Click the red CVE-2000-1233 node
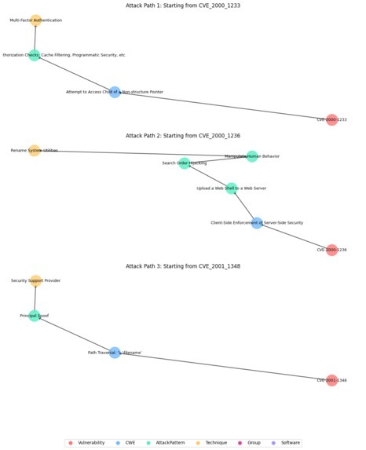tap(331, 120)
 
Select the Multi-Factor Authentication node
tap(36, 20)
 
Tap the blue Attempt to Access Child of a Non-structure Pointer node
tap(115, 92)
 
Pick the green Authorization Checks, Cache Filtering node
tap(35, 55)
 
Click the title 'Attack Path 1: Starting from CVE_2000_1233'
tap(183, 5)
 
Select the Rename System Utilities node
tap(35, 150)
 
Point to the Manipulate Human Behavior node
tap(251, 156)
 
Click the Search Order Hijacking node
tap(184, 163)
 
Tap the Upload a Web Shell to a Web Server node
tap(231, 188)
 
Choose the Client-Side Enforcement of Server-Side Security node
tap(257, 223)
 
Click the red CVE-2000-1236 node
tap(331, 250)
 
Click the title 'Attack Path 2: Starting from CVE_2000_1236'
tap(183, 136)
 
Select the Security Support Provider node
tap(36, 280)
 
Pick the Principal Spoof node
tap(35, 316)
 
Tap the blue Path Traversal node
tap(115, 353)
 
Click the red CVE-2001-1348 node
tap(331, 380)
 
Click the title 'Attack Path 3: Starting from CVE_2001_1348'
tap(183, 266)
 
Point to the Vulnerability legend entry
tap(86, 443)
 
